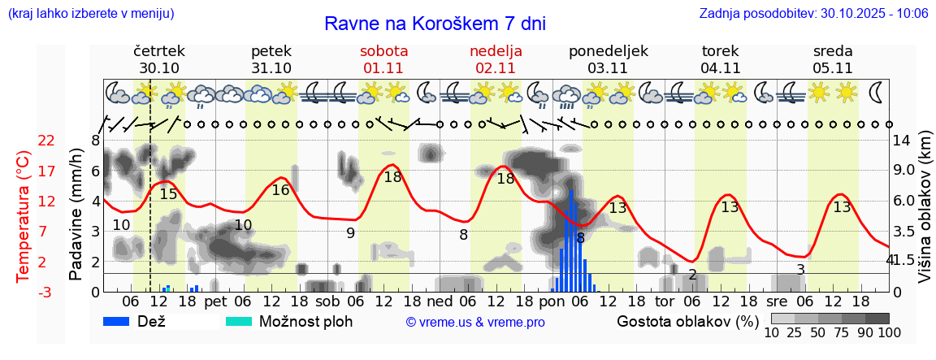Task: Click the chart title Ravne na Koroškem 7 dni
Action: (435, 23)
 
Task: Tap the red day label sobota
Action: (383, 50)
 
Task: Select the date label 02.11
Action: (496, 68)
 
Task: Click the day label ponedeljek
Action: (608, 50)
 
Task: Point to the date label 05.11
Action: (832, 68)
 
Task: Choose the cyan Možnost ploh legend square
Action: (239, 321)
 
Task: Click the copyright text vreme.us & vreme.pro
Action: (475, 323)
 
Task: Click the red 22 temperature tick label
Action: (47, 141)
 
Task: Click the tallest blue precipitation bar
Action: (571, 241)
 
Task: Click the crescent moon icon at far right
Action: (877, 92)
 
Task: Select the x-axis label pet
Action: (215, 301)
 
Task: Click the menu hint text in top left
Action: (90, 14)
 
